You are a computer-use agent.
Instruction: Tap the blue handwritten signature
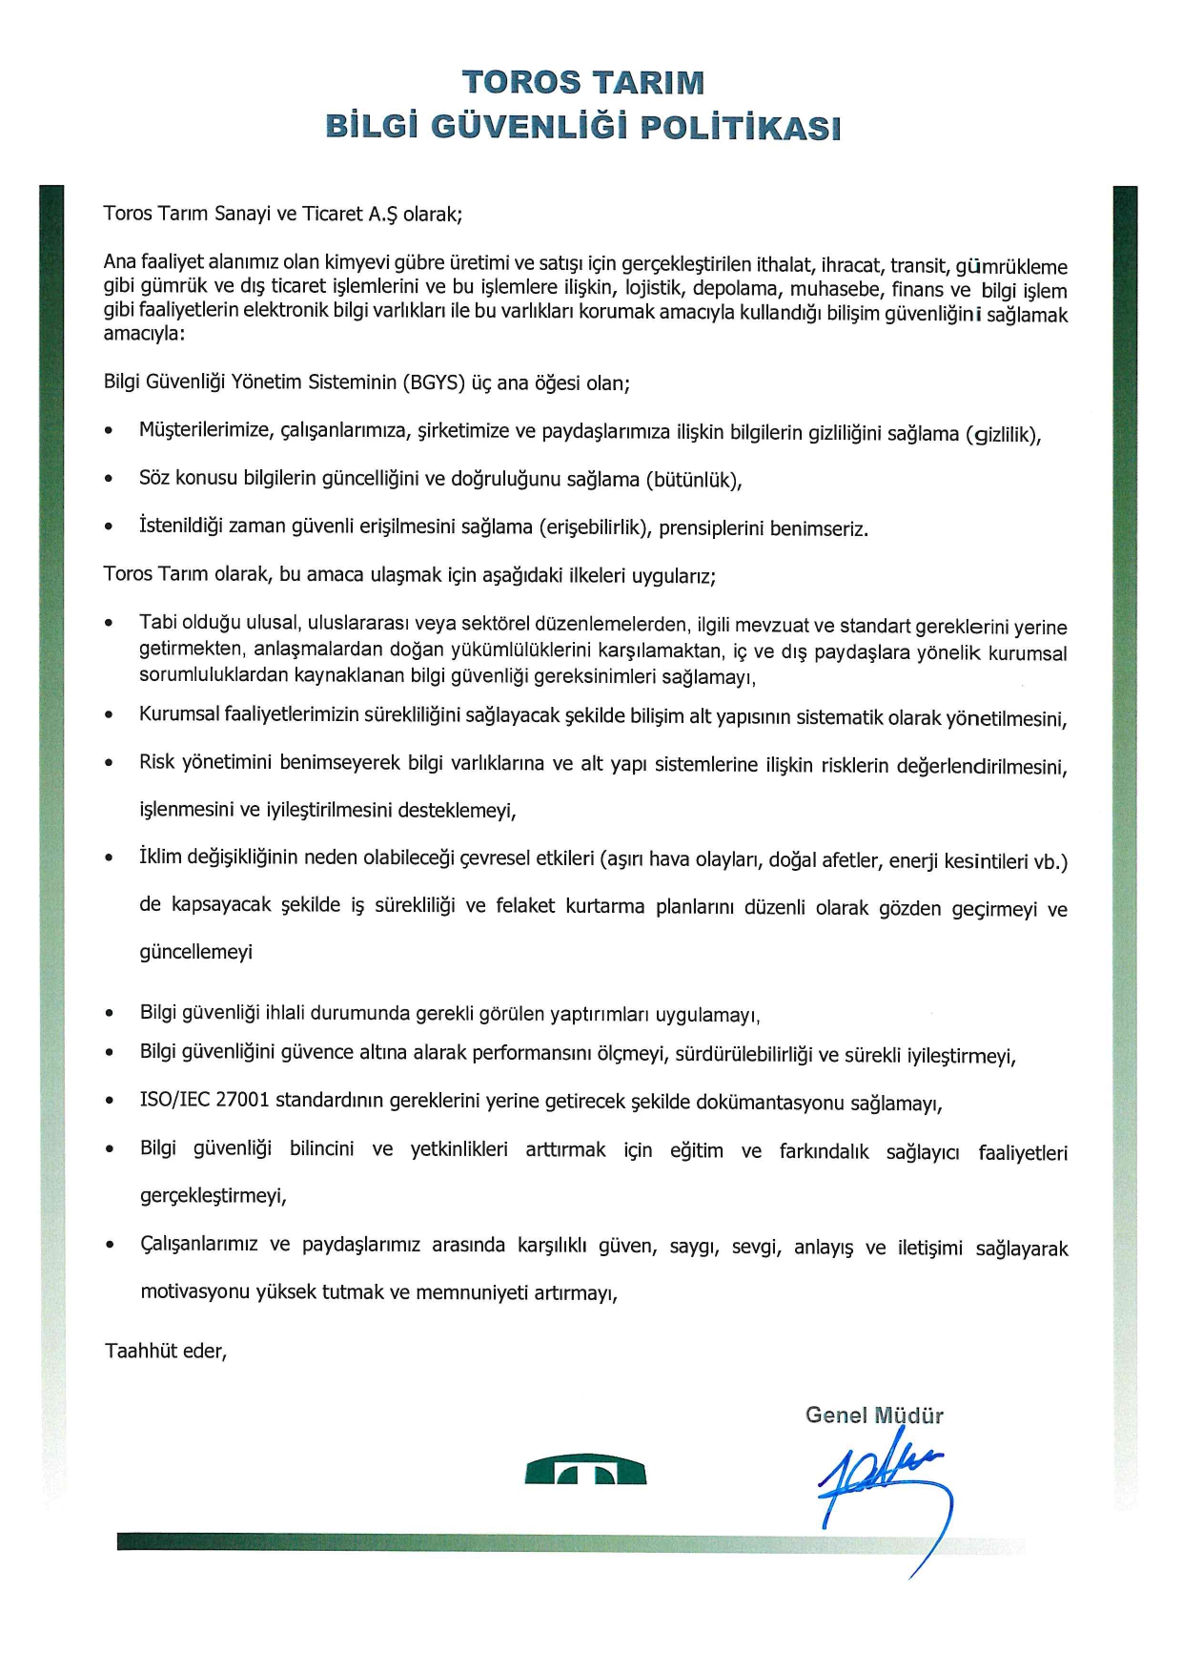[882, 1488]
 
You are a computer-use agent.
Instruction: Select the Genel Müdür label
[874, 1415]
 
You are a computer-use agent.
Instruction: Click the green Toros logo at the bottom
[585, 1471]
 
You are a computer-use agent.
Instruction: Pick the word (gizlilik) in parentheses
[1004, 435]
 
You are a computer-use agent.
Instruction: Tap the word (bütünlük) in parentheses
[693, 480]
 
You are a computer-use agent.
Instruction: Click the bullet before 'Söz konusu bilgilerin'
[110, 479]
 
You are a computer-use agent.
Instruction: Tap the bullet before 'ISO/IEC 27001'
[110, 1101]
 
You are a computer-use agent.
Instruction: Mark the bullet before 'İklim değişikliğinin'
[110, 858]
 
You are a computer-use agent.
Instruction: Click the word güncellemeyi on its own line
[196, 952]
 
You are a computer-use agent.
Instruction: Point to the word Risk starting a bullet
[157, 762]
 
